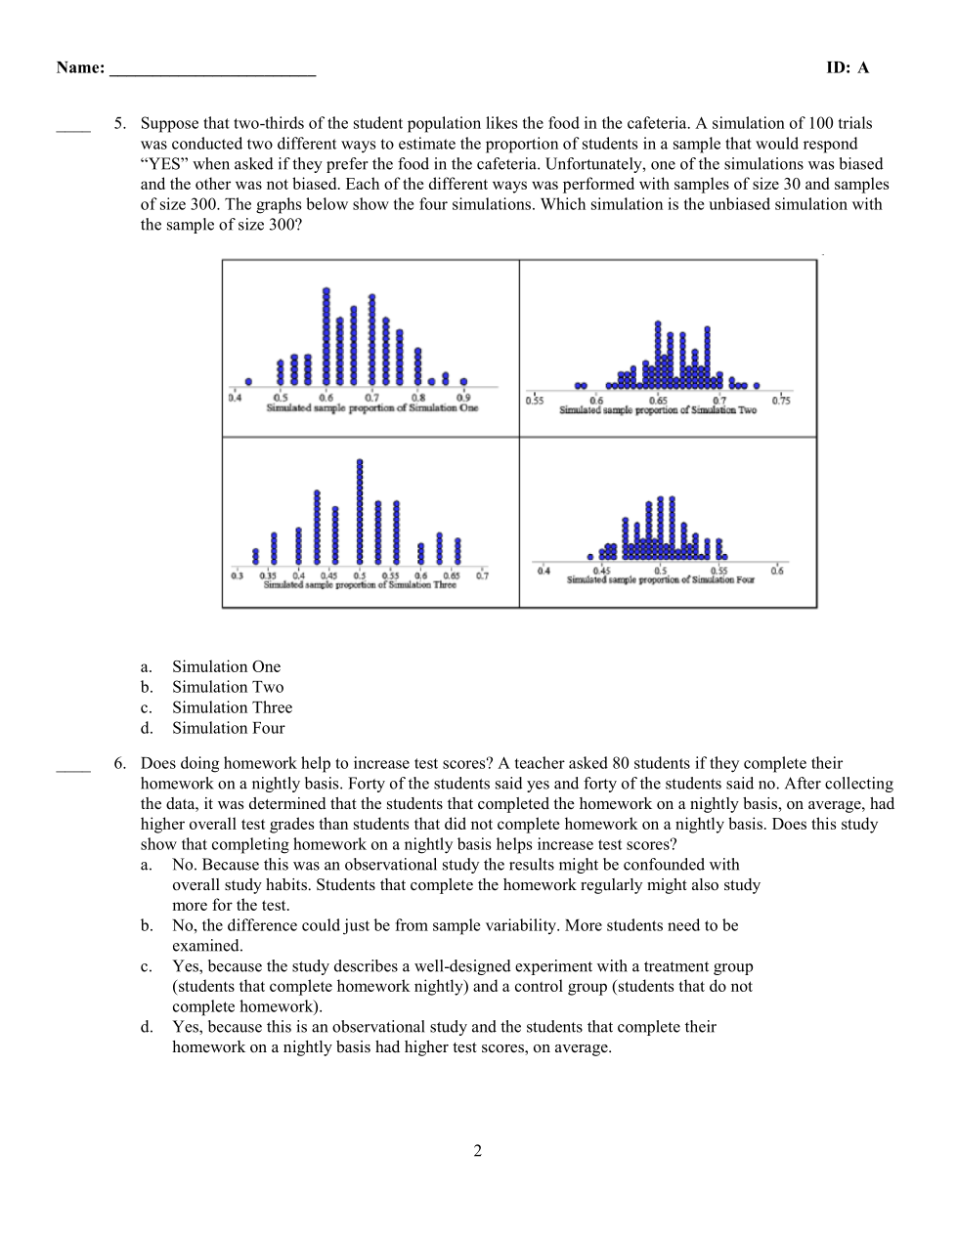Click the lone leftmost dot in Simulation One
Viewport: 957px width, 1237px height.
pyautogui.click(x=248, y=381)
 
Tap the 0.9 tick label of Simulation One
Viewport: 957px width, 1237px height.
pyautogui.click(x=463, y=398)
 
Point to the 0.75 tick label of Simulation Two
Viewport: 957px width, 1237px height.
pyautogui.click(x=781, y=401)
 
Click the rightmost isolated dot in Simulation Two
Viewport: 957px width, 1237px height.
pyautogui.click(x=757, y=386)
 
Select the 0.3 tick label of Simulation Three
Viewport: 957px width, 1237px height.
pyautogui.click(x=237, y=576)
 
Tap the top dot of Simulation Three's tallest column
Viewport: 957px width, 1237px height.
pyautogui.click(x=360, y=462)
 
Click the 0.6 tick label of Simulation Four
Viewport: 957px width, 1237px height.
pyautogui.click(x=776, y=571)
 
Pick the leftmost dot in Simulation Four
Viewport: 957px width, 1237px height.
pyautogui.click(x=590, y=557)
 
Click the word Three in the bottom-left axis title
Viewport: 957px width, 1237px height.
pyautogui.click(x=445, y=585)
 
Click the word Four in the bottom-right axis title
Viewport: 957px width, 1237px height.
pyautogui.click(x=745, y=579)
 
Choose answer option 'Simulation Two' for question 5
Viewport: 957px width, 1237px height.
pyautogui.click(x=228, y=687)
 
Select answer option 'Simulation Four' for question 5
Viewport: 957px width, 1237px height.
pyautogui.click(x=229, y=728)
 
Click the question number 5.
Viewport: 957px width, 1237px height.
pyautogui.click(x=119, y=123)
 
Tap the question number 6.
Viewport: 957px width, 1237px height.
pyautogui.click(x=119, y=763)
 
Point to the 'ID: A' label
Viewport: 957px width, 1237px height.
pyautogui.click(x=847, y=67)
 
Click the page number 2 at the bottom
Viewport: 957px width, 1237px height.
pyautogui.click(x=478, y=1151)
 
